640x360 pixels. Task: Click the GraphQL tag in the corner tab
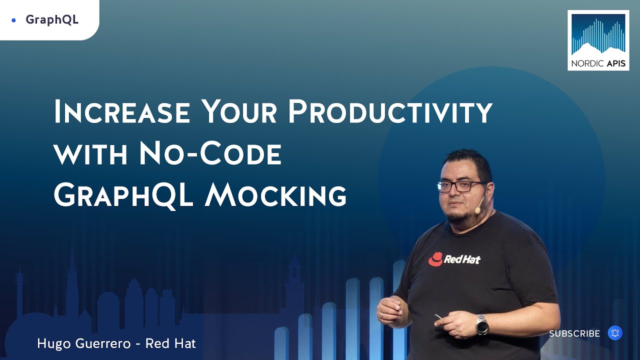[x=52, y=19]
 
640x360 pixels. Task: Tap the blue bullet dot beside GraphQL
[x=13, y=20]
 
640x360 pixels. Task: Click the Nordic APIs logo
[x=598, y=40]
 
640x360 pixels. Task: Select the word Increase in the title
[x=122, y=111]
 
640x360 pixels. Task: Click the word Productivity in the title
[x=390, y=111]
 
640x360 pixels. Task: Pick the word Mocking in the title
[x=275, y=194]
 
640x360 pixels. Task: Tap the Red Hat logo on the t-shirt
[x=454, y=259]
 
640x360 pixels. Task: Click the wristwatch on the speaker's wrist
[x=482, y=324]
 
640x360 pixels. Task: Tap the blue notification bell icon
[x=615, y=333]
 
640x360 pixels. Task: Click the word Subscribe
[x=574, y=333]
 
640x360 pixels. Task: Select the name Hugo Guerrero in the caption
[x=83, y=343]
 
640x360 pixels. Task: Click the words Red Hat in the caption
[x=170, y=343]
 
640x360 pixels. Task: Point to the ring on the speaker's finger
[x=382, y=315]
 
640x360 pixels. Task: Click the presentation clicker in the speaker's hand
[x=438, y=316]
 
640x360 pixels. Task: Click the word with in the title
[x=90, y=154]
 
